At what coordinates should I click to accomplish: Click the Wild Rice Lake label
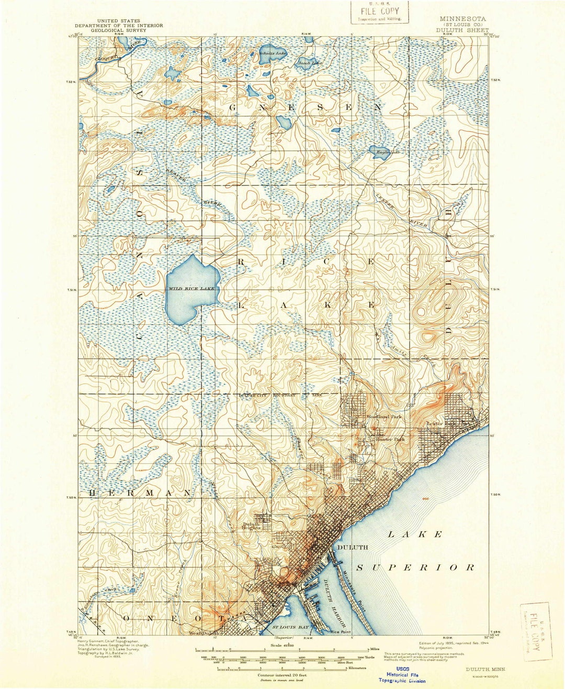pyautogui.click(x=191, y=289)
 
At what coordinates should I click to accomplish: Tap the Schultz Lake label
pyautogui.click(x=273, y=53)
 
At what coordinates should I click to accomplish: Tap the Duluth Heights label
pyautogui.click(x=252, y=526)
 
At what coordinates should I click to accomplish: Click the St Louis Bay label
pyautogui.click(x=290, y=627)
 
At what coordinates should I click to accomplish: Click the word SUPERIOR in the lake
pyautogui.click(x=416, y=567)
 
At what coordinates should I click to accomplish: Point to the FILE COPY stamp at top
pyautogui.click(x=379, y=12)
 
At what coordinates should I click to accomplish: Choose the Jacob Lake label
pyautogui.click(x=310, y=63)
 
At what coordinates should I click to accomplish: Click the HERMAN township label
pyautogui.click(x=140, y=494)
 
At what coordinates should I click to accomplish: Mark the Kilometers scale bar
pyautogui.click(x=275, y=668)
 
